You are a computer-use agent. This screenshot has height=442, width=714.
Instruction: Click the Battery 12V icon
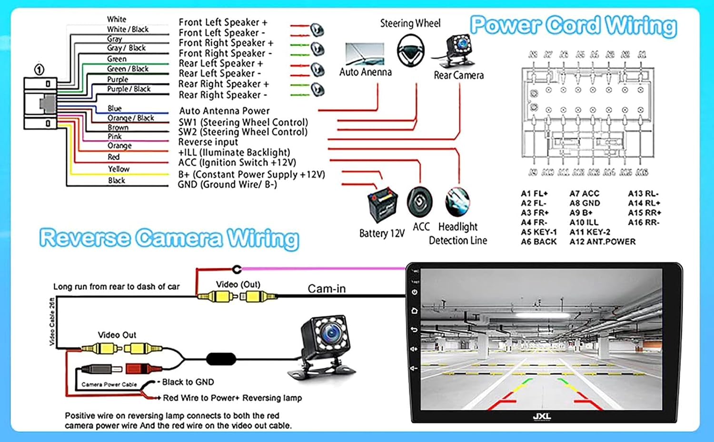[x=383, y=205]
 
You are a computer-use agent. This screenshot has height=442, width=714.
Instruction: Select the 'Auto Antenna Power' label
[x=224, y=111]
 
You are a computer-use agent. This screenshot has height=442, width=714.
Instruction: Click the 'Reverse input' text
[x=208, y=142]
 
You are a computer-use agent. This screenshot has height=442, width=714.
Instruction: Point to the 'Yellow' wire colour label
[x=119, y=169]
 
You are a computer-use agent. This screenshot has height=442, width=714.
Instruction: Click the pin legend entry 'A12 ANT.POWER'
[x=602, y=241]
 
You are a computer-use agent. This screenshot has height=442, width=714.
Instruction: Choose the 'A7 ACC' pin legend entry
[x=584, y=193]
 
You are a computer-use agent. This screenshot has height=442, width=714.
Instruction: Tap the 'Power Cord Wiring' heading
[x=573, y=26]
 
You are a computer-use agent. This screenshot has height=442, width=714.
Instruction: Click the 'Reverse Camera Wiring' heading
[x=169, y=238]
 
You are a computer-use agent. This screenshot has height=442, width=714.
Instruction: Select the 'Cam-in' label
[x=327, y=289]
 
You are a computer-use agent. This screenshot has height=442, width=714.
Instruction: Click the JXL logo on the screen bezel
[x=542, y=416]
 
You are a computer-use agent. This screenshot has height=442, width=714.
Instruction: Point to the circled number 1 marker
[x=39, y=70]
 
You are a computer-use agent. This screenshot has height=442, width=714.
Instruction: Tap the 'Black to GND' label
[x=188, y=382]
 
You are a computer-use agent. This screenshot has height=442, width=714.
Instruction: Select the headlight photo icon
[x=457, y=202]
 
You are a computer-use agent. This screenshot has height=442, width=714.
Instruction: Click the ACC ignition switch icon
[x=419, y=202]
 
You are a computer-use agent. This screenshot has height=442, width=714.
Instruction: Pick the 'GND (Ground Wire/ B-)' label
[x=227, y=185]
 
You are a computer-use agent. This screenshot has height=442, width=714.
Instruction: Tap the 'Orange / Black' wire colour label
[x=130, y=118]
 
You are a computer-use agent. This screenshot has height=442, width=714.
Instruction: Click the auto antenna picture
[x=365, y=54]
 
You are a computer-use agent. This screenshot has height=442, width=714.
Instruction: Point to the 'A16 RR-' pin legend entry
[x=644, y=222]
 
